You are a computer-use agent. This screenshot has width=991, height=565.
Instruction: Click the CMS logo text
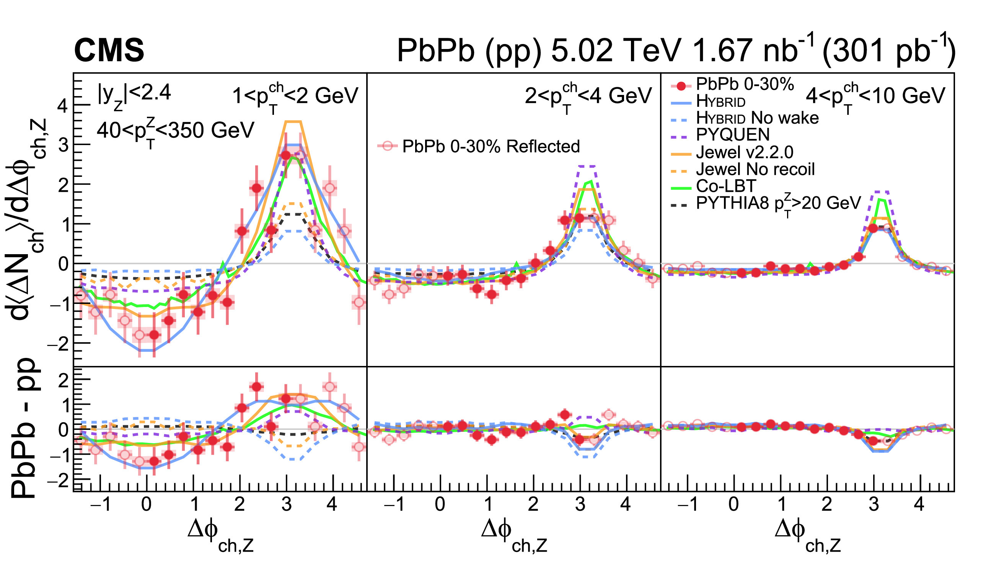[x=109, y=51]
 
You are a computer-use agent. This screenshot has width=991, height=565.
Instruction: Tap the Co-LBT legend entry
[x=726, y=186]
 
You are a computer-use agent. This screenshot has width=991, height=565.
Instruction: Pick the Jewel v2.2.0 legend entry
[x=744, y=152]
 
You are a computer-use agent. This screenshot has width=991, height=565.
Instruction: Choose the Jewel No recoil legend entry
[x=755, y=169]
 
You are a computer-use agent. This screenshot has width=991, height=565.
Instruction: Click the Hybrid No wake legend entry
[x=757, y=118]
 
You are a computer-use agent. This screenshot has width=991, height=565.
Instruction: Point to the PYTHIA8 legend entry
[x=777, y=203]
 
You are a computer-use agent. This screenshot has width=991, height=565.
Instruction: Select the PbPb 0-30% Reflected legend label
[x=491, y=146]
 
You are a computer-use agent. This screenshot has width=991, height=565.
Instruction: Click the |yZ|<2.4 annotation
[x=134, y=95]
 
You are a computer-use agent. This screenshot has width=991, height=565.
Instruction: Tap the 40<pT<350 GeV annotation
[x=175, y=131]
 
